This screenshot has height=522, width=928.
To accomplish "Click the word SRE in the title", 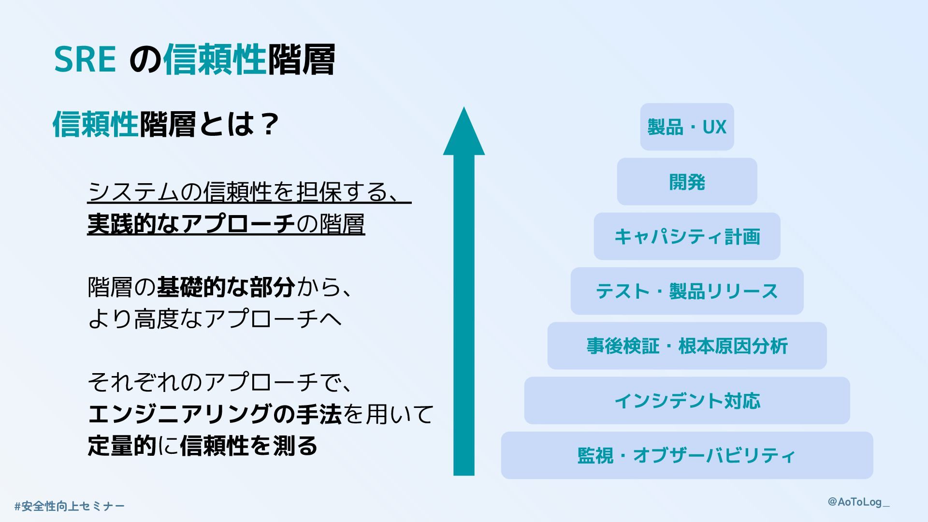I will [85, 59].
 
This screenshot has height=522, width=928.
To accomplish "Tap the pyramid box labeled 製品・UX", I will [687, 127].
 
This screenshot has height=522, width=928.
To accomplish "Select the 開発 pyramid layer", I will [687, 182].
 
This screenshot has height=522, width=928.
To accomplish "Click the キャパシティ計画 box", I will [687, 236].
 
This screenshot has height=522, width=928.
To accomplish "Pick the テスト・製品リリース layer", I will [687, 291].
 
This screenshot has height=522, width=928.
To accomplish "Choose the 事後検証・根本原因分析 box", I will [687, 346].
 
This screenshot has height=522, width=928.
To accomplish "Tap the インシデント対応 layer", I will [687, 401].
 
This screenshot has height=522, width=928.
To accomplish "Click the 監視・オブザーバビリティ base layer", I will [687, 455].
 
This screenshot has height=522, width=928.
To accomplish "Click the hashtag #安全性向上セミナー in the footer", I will [70, 506].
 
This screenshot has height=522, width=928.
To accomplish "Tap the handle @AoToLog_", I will [858, 502].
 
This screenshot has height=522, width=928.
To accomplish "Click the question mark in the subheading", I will [269, 124].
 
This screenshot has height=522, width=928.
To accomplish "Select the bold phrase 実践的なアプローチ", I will [191, 224].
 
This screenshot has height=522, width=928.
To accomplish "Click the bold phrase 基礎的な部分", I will [226, 287].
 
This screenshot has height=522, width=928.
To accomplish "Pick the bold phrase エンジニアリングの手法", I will [215, 414].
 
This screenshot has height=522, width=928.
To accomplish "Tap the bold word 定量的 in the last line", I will [122, 446].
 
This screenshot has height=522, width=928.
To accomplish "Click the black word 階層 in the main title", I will [301, 59].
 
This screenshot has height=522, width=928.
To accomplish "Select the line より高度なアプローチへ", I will [215, 319].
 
